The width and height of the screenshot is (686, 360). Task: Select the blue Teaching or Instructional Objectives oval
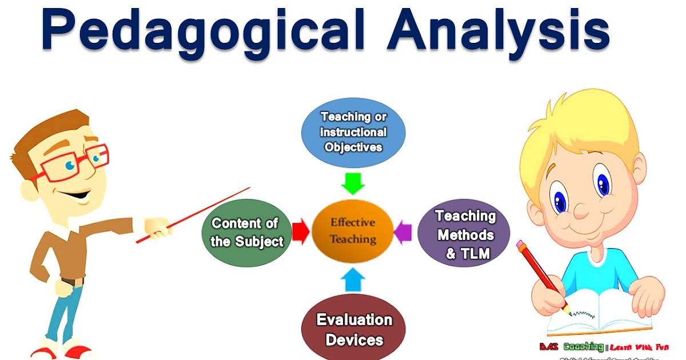[x=353, y=132]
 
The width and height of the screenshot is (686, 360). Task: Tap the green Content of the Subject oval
[x=246, y=232]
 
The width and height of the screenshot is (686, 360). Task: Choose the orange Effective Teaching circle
[x=353, y=231]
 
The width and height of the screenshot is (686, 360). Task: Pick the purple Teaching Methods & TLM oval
[x=464, y=234]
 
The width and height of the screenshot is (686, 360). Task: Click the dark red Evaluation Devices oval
[x=354, y=329]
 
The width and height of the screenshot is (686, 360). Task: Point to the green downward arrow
[x=353, y=182]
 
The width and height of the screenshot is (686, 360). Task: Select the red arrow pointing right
[x=300, y=231]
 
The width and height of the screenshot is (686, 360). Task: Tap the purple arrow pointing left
[x=404, y=231]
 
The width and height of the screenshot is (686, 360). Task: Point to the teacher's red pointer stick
[x=194, y=214]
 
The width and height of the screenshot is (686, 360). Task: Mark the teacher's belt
[x=73, y=281]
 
